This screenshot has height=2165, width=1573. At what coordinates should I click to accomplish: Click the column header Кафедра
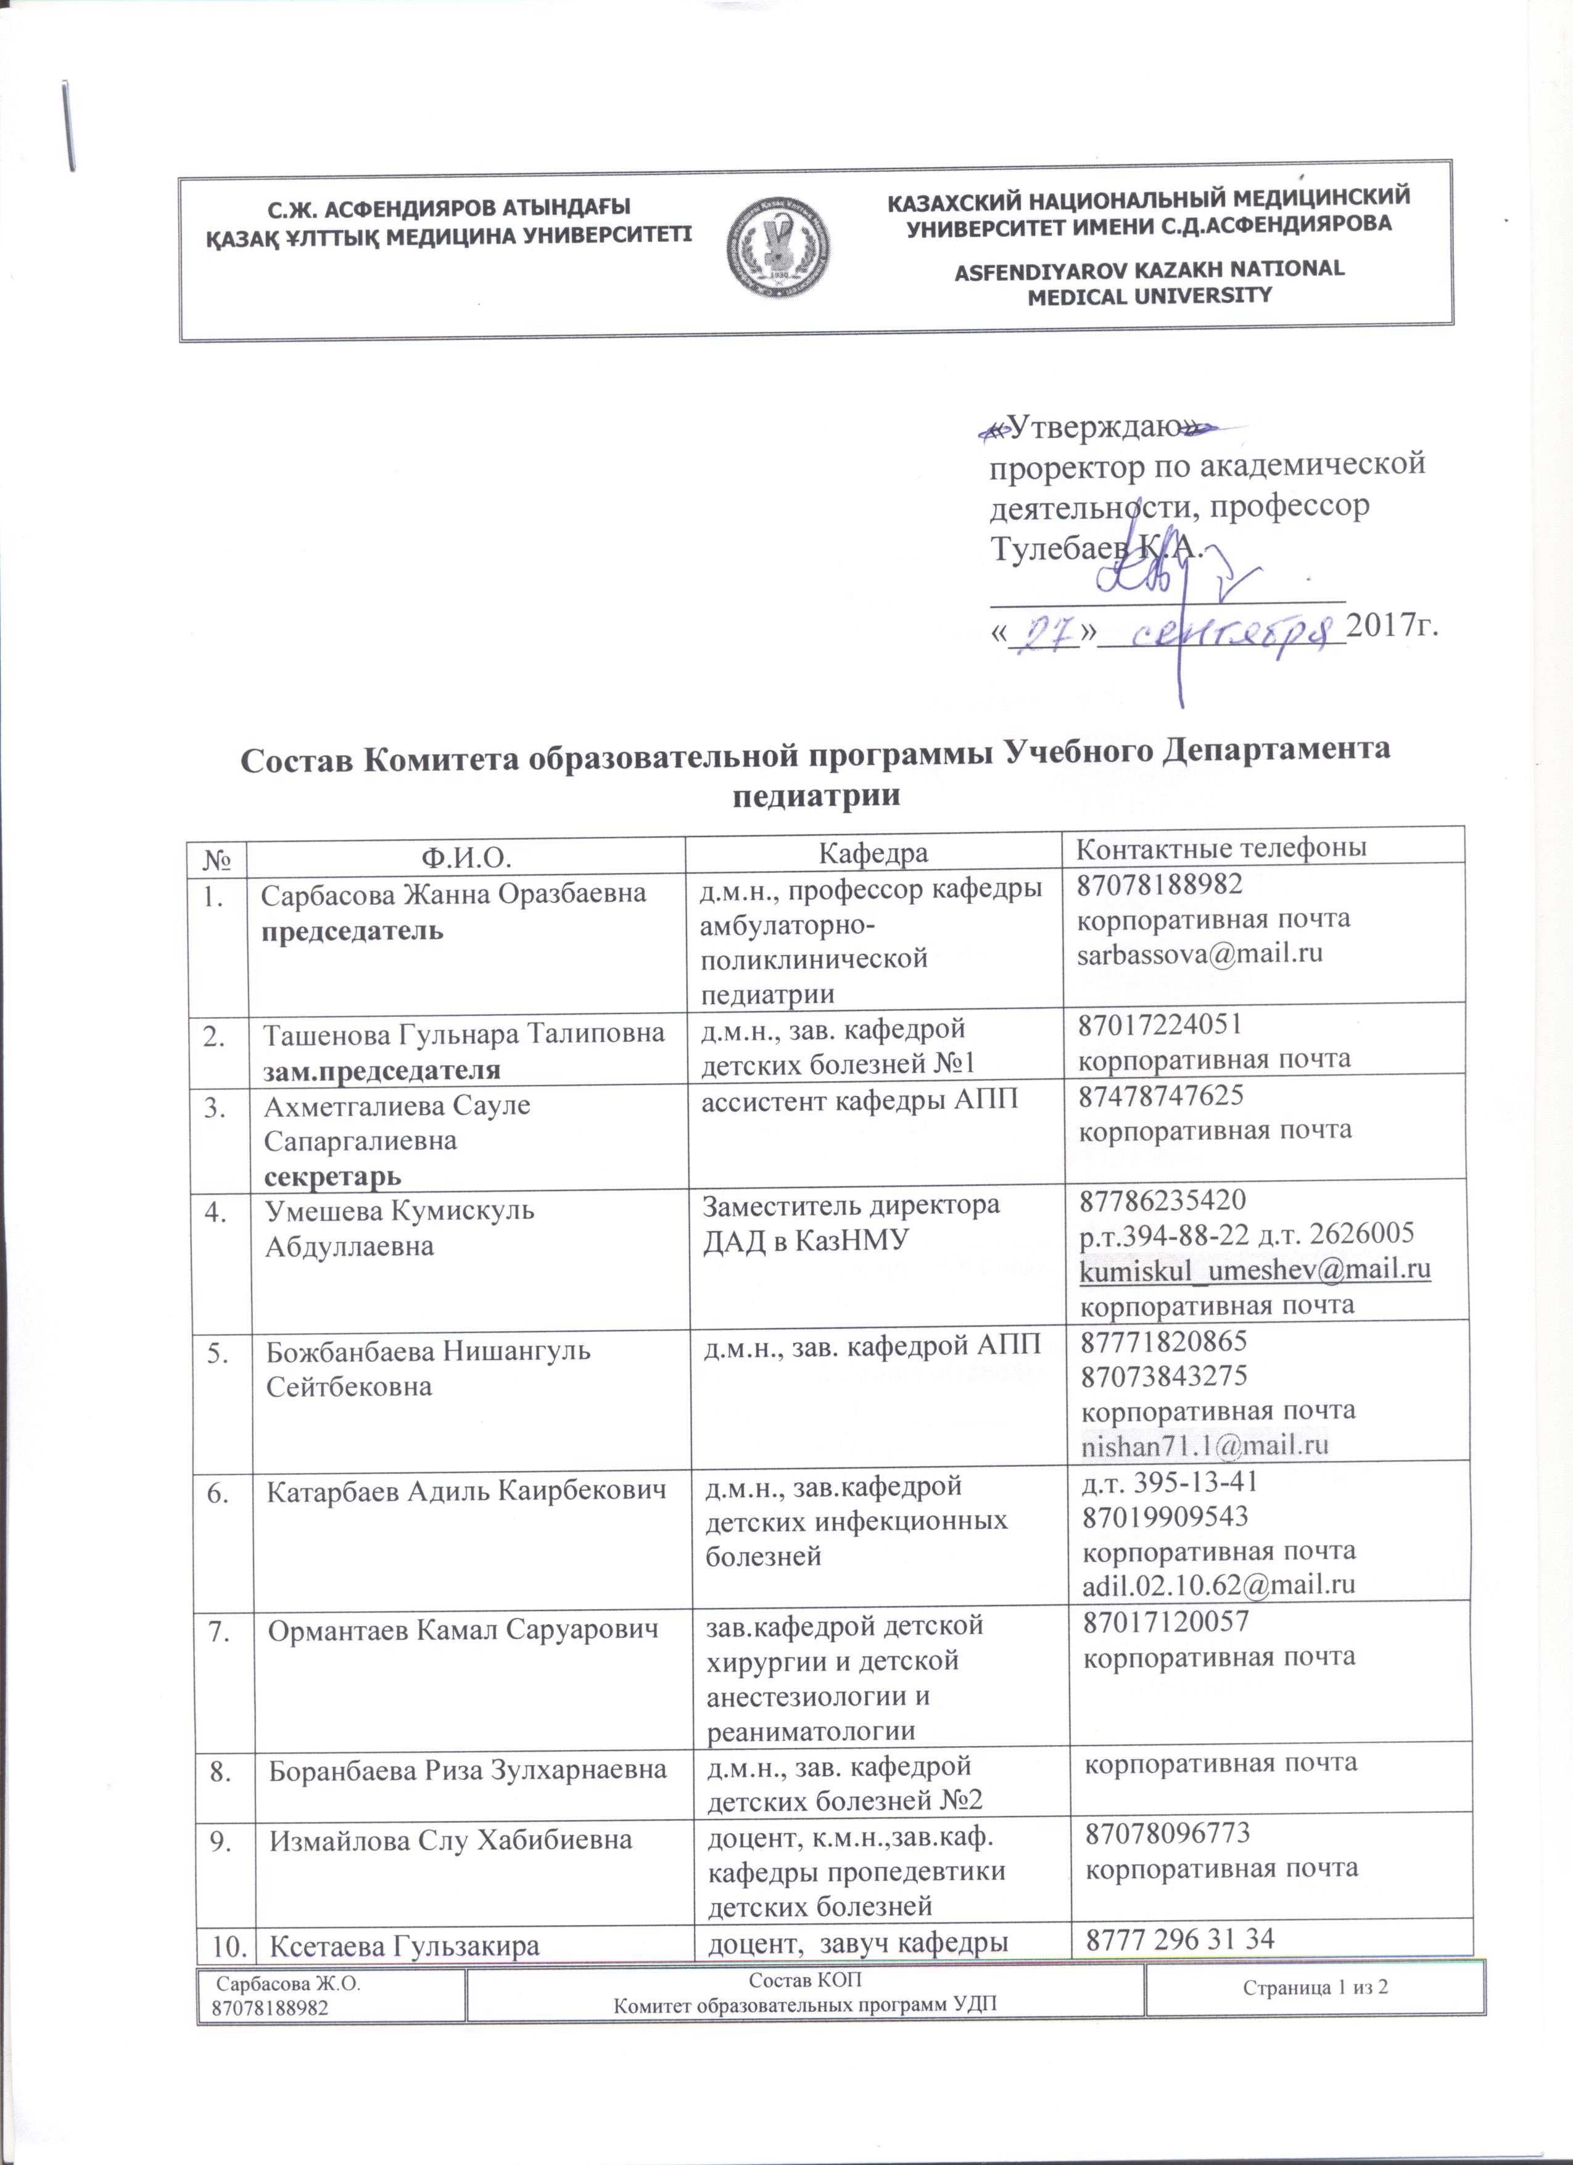pos(873,852)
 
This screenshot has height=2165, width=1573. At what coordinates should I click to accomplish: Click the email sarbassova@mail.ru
pos(1200,954)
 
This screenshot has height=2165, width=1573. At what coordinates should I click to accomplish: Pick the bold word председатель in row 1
pos(353,931)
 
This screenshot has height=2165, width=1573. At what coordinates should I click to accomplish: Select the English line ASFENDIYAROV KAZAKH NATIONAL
pos(1149,269)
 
